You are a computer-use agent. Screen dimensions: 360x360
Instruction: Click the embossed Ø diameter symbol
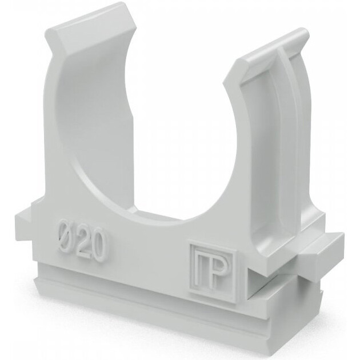(65, 235)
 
